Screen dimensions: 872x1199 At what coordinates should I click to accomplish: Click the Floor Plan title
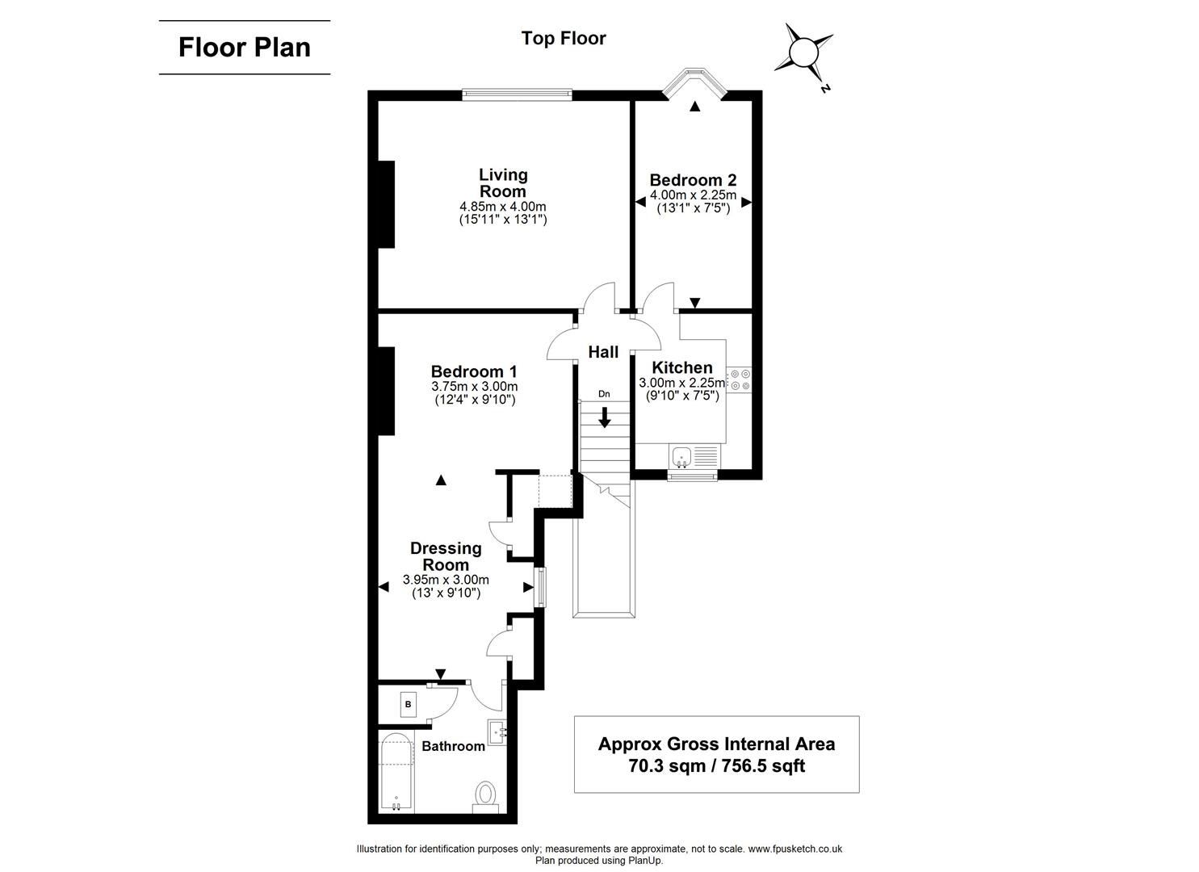click(x=244, y=47)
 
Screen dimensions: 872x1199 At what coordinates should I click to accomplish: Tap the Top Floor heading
click(x=563, y=38)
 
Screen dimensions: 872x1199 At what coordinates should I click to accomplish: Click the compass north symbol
click(x=803, y=54)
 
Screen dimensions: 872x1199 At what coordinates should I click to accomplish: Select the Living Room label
click(x=503, y=182)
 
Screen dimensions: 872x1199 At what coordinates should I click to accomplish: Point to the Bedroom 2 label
click(x=693, y=180)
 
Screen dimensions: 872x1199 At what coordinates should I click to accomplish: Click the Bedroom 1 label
click(x=473, y=371)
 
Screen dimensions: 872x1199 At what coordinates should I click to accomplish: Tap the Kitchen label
click(x=682, y=367)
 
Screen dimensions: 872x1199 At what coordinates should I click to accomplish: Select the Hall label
click(x=603, y=352)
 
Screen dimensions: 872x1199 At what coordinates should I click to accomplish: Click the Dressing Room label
click(x=446, y=556)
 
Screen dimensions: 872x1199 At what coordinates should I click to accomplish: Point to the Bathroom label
click(x=453, y=746)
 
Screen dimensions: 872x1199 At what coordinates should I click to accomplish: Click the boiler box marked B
click(x=408, y=704)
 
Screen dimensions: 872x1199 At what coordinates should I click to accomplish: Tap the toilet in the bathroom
click(x=485, y=793)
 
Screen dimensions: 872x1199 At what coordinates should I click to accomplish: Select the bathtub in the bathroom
click(x=396, y=773)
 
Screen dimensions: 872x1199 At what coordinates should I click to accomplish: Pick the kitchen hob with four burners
click(x=739, y=379)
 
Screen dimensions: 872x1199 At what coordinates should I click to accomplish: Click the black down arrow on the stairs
click(x=604, y=417)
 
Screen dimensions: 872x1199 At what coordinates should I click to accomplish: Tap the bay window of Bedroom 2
click(x=694, y=83)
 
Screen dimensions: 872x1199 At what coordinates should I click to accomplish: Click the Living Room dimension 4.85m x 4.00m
click(x=502, y=207)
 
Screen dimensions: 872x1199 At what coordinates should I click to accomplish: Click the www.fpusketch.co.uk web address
click(x=794, y=849)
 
